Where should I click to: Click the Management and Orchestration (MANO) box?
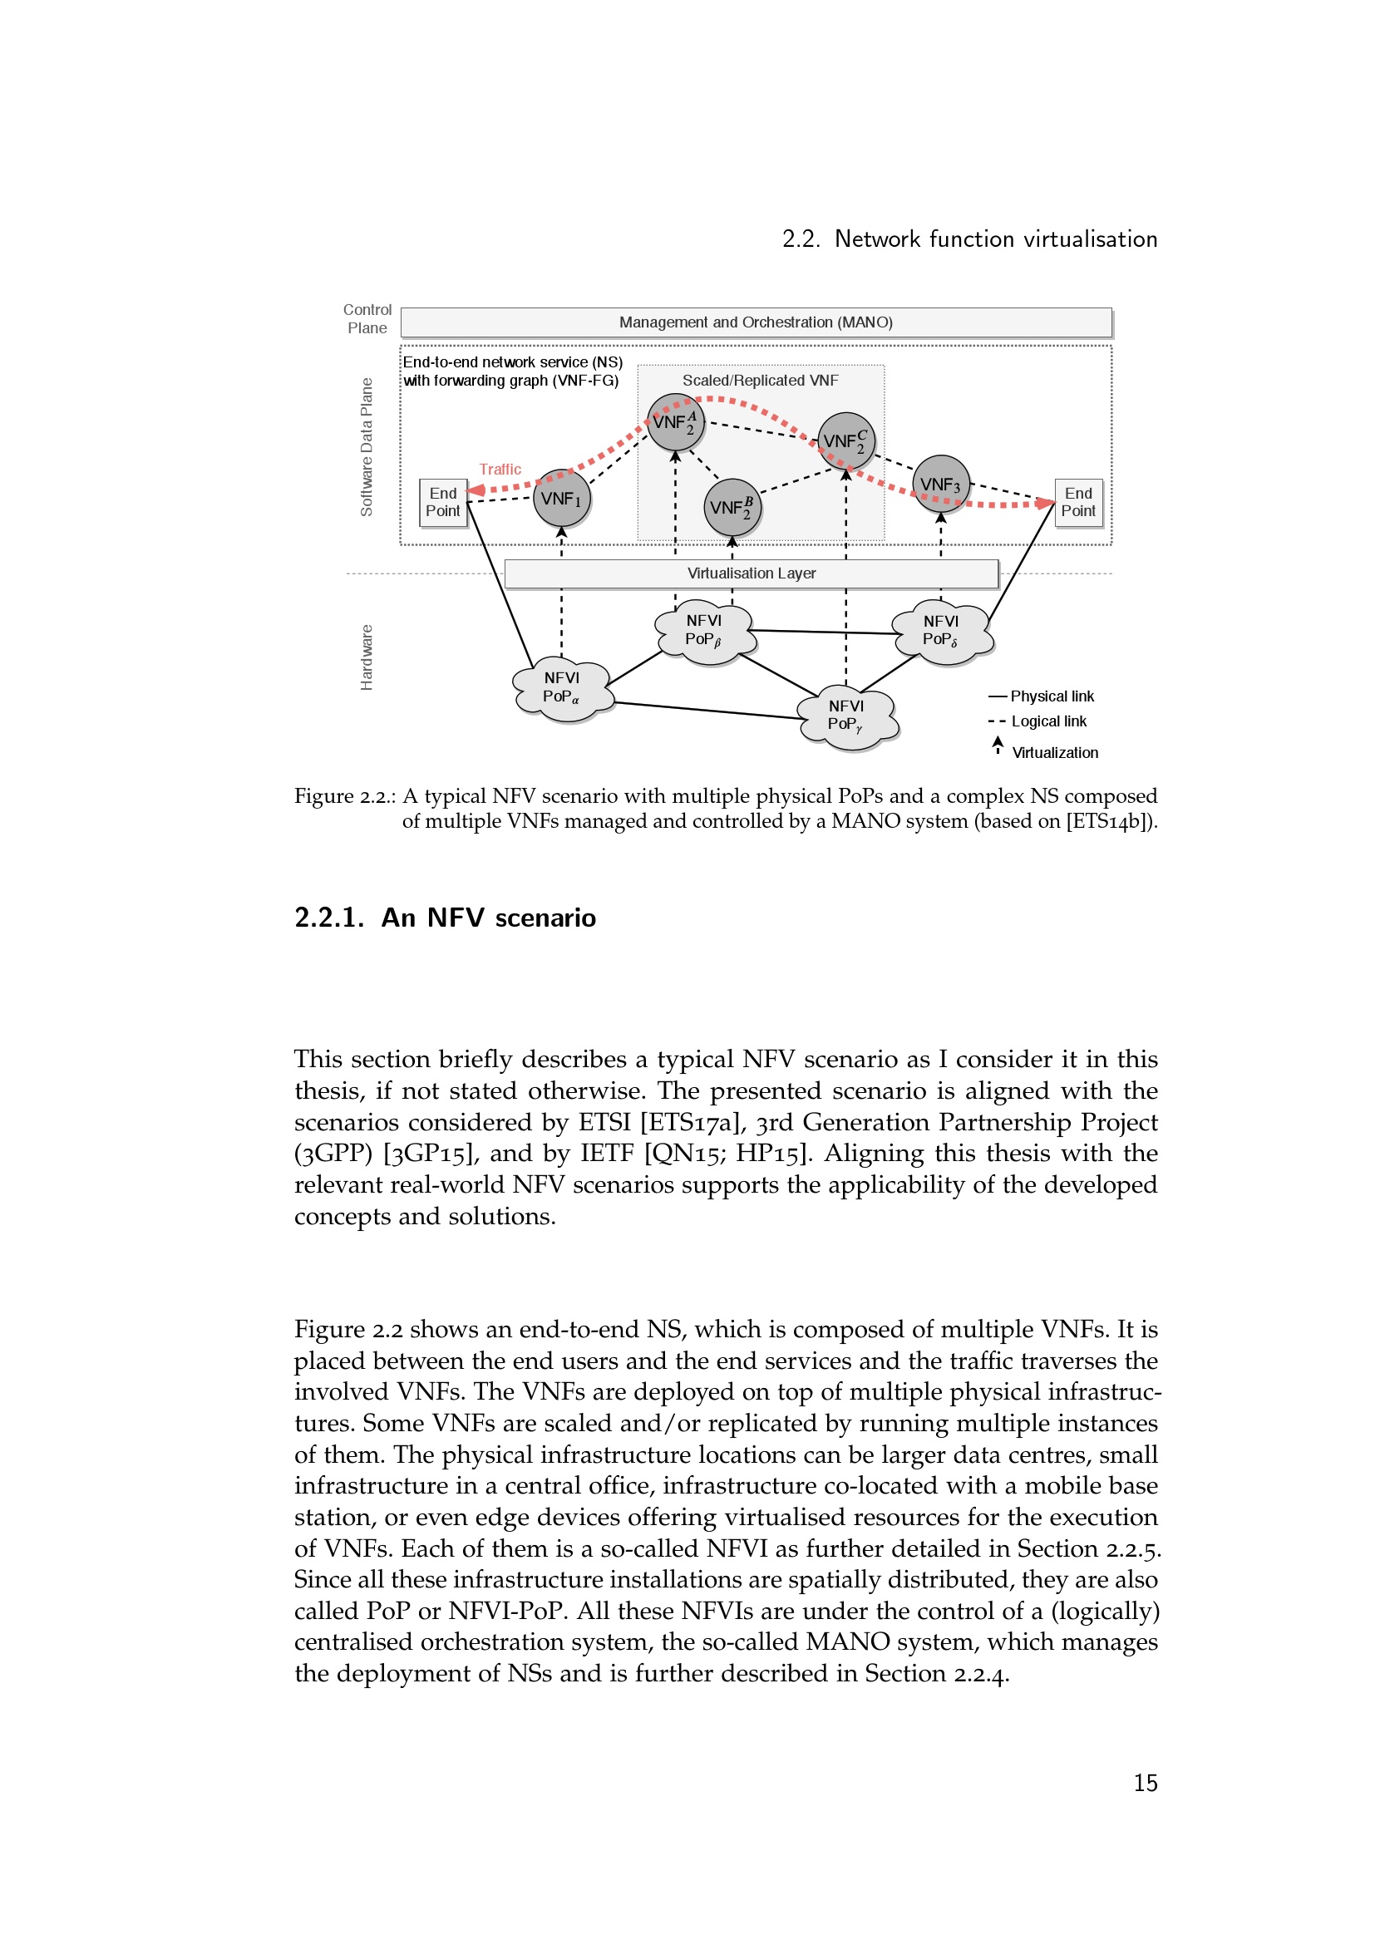[x=755, y=322]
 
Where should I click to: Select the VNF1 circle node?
[x=561, y=498]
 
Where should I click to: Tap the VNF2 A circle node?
[x=676, y=421]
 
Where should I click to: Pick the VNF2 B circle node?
[x=732, y=507]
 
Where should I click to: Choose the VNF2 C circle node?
[x=845, y=441]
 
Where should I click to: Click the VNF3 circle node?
[x=941, y=485]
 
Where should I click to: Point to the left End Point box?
[x=443, y=502]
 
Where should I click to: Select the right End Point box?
[x=1079, y=502]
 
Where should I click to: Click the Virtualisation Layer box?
[x=752, y=573]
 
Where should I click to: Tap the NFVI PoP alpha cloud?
[x=562, y=689]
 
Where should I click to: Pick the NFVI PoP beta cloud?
[x=705, y=632]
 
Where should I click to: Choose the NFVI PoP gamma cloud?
[x=846, y=717]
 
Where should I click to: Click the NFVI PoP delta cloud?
[x=942, y=632]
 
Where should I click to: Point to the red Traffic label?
[x=500, y=469]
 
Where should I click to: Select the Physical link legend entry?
[x=1041, y=696]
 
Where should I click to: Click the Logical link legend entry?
[x=1037, y=721]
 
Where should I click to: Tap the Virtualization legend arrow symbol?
[x=998, y=745]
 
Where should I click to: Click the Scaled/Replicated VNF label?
[x=761, y=380]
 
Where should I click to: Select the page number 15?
[x=1146, y=1782]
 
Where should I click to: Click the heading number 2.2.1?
[x=329, y=917]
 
